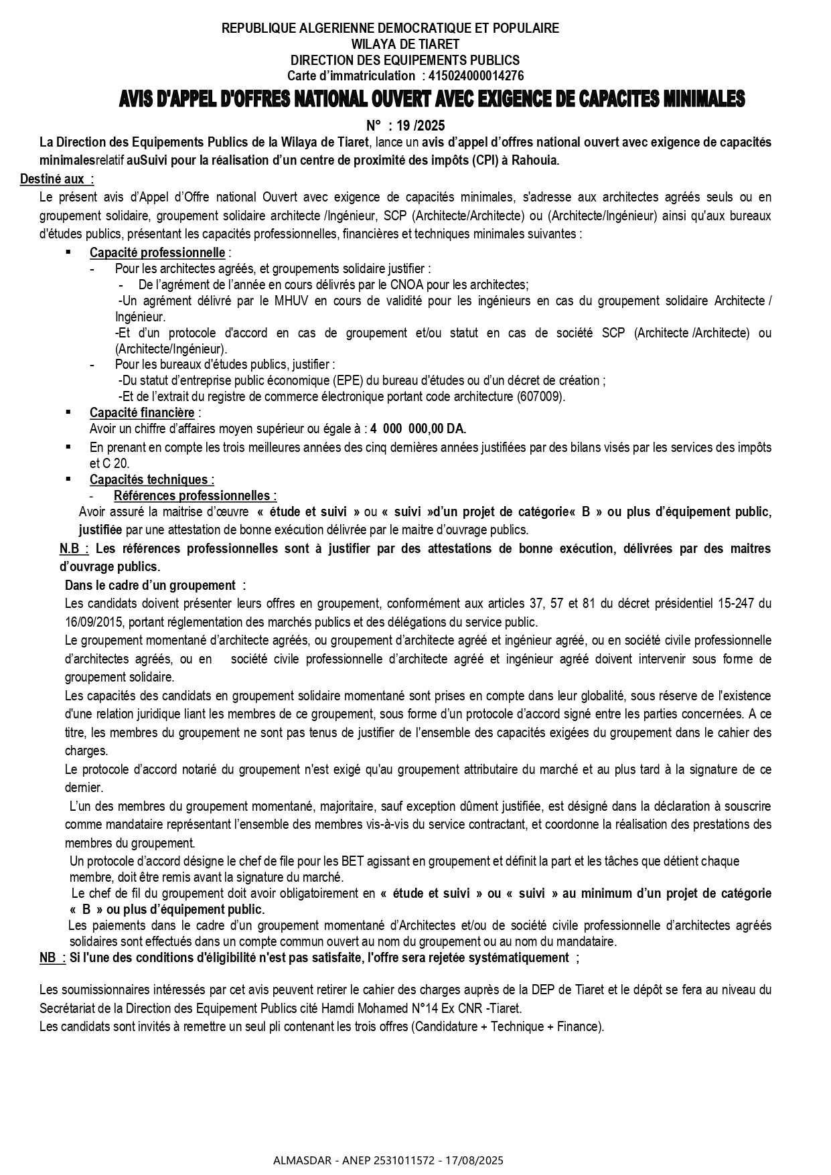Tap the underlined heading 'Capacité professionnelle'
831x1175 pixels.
[x=157, y=252]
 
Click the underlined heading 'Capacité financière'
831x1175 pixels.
[x=142, y=412]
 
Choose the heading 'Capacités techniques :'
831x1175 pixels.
[x=152, y=479]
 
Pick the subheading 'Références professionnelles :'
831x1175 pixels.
[x=195, y=495]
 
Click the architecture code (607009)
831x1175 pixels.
[x=540, y=396]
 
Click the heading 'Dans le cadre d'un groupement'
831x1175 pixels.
[x=151, y=585]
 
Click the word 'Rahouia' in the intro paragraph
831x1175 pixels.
[x=534, y=160]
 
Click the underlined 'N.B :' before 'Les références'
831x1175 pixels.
[x=74, y=548]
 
